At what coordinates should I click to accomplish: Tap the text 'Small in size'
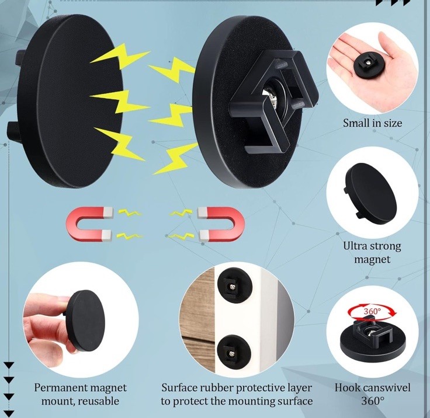pos(372,123)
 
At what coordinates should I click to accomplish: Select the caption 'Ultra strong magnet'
pos(372,252)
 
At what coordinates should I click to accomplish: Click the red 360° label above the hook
pos(372,311)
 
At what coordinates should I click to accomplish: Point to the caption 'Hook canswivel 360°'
pos(372,394)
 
